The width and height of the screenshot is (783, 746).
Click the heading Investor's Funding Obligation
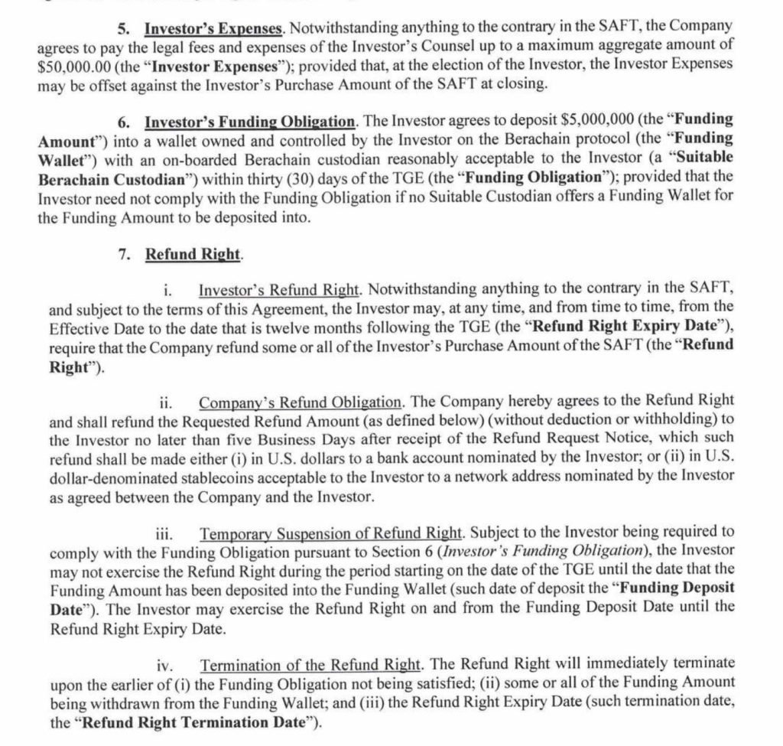[250, 120]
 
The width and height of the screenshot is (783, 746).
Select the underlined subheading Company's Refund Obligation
[299, 400]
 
